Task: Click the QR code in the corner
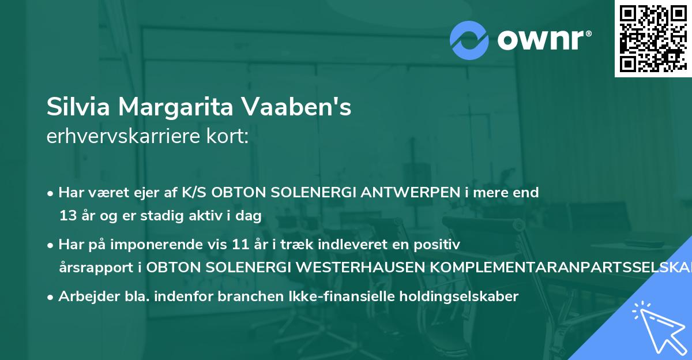pos(652,39)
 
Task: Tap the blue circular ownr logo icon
pos(469,39)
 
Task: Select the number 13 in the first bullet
pos(67,216)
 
